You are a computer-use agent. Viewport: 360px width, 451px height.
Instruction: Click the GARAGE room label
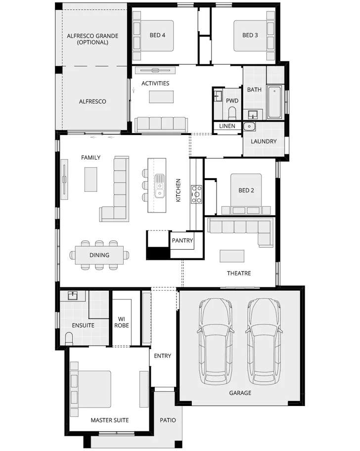(240, 393)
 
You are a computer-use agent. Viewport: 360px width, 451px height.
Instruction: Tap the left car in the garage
(215, 341)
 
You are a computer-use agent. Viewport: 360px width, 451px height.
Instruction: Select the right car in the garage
(263, 341)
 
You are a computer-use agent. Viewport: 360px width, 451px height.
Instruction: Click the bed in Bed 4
(157, 36)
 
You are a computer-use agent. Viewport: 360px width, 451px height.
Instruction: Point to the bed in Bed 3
(251, 36)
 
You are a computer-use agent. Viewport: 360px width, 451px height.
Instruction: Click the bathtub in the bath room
(274, 102)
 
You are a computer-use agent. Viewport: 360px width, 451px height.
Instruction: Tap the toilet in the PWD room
(232, 112)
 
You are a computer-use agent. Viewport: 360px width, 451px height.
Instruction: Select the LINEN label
(227, 126)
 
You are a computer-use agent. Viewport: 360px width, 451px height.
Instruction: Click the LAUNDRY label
(264, 141)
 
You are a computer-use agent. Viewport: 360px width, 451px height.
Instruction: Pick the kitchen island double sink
(160, 186)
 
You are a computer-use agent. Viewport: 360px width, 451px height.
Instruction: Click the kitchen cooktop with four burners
(196, 194)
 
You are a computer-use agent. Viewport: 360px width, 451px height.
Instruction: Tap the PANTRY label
(182, 241)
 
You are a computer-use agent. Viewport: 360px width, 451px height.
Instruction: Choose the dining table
(99, 255)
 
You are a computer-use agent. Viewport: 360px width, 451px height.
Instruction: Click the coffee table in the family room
(91, 179)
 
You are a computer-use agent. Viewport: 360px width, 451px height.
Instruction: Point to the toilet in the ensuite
(70, 339)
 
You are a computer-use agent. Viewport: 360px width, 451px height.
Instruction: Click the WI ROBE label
(122, 322)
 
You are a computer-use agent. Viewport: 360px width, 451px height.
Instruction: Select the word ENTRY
(162, 356)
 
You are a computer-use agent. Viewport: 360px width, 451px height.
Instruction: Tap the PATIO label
(168, 420)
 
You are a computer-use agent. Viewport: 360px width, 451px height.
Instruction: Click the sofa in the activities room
(161, 124)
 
